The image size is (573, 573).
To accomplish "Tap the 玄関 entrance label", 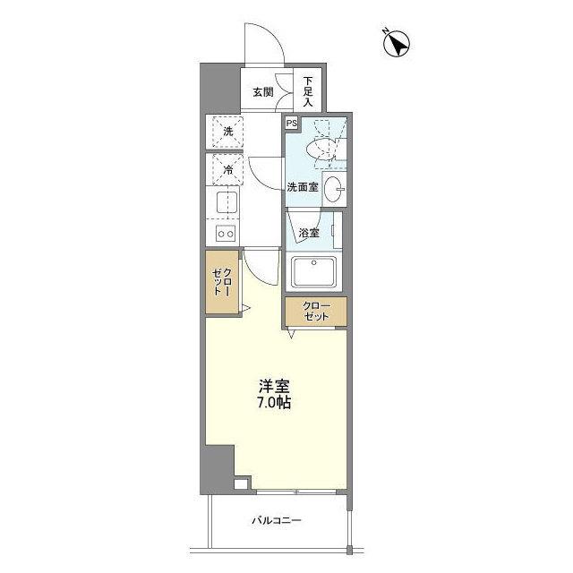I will [261, 91].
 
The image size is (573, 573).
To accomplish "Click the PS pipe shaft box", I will [291, 124].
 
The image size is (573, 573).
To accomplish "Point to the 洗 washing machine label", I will [227, 132].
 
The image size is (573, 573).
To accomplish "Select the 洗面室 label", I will [303, 187].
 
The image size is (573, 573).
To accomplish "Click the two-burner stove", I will [225, 235].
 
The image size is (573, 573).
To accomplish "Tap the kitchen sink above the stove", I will [225, 202].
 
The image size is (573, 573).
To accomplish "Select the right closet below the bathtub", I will [316, 312].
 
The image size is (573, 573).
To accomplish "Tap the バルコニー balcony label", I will [276, 520].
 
